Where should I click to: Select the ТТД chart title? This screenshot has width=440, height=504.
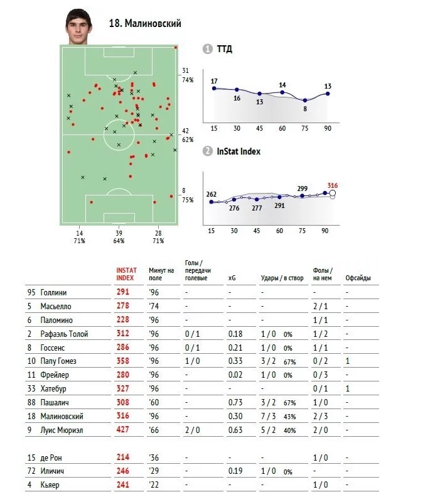click(225, 50)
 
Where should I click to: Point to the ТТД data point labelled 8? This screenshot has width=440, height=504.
click(305, 100)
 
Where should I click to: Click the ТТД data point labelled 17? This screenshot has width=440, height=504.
click(215, 88)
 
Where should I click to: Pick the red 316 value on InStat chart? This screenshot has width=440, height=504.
click(332, 185)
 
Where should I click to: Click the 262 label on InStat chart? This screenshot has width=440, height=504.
click(212, 194)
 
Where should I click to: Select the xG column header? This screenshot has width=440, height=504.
click(232, 277)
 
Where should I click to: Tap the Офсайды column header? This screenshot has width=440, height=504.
click(357, 277)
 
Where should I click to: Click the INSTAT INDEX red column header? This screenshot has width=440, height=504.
click(126, 273)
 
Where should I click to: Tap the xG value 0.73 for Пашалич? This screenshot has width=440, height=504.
click(235, 402)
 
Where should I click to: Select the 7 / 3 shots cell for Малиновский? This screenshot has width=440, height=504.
click(269, 416)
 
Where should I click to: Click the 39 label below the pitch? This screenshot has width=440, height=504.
click(119, 233)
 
